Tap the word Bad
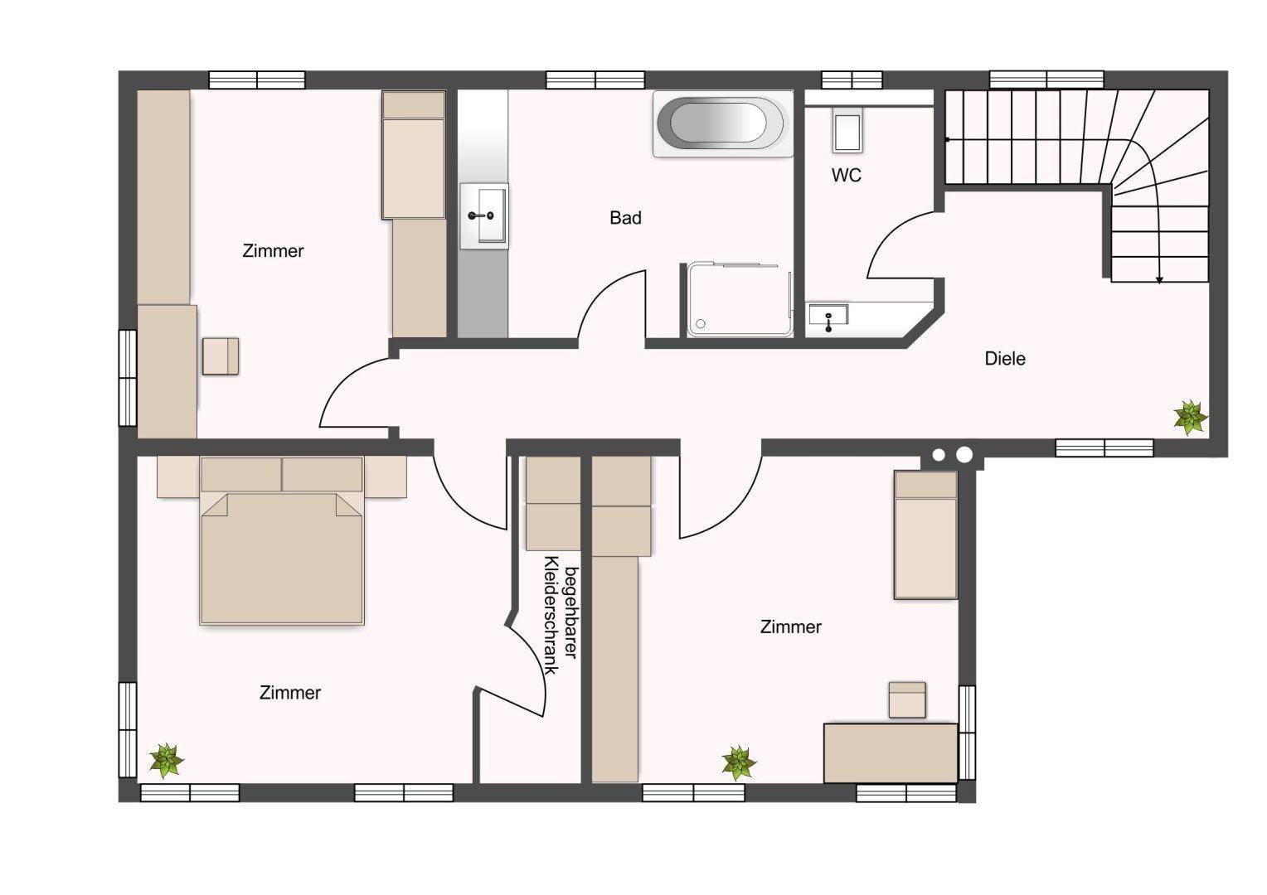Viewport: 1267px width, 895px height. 625,218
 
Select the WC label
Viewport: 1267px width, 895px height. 846,175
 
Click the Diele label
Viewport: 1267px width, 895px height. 1004,359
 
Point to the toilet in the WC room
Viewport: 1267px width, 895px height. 847,129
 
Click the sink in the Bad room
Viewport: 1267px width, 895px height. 484,216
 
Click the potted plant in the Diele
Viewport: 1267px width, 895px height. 1190,418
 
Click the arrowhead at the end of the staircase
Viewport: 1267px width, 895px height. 1159,279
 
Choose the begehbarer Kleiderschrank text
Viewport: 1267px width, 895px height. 561,615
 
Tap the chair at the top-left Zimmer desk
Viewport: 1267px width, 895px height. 221,356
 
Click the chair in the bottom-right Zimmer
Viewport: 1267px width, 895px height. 906,699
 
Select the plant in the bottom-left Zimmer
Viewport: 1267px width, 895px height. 167,761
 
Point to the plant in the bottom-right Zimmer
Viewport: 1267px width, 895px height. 739,763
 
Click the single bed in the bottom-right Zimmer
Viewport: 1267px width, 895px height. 925,535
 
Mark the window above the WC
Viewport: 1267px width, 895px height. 852,80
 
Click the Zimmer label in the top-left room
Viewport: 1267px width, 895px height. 273,250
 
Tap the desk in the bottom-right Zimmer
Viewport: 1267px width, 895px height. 891,752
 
